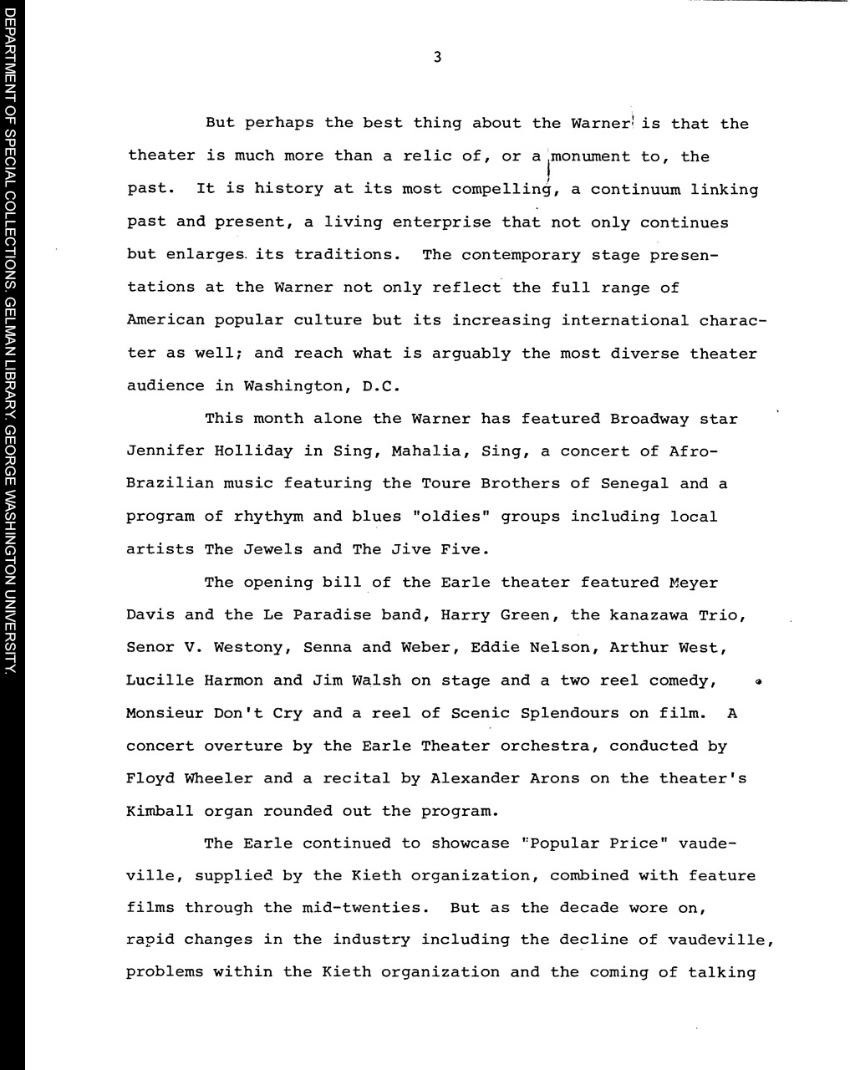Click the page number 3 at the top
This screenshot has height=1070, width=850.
(437, 58)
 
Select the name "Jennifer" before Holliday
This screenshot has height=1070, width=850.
(165, 451)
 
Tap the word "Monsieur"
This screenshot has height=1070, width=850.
(164, 713)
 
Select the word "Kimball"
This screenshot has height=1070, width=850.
(160, 811)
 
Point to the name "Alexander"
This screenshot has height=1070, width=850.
(475, 778)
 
